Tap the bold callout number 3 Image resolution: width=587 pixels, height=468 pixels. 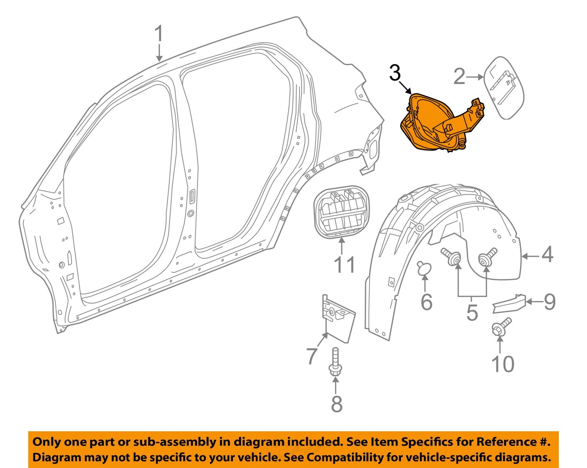coord(395,73)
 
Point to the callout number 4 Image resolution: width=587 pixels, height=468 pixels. coord(547,255)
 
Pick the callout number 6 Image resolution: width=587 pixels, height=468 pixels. coord(426,302)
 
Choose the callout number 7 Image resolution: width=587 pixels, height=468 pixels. coord(312,356)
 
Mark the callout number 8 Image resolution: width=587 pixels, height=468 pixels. coord(337,404)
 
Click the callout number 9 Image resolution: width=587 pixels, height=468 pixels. coord(549,302)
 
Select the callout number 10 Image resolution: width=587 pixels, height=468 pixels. coord(503,364)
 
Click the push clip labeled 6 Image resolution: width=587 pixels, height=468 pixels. coord(424,268)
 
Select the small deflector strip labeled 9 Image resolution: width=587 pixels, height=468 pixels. coord(508,303)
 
